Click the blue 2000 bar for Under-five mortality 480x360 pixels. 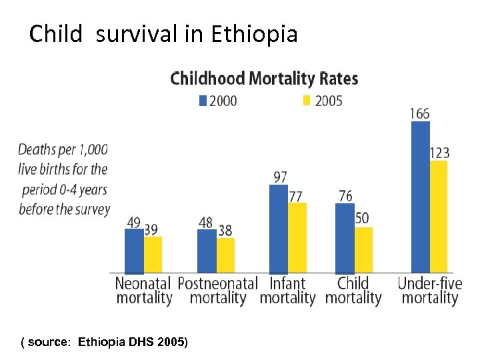pyautogui.click(x=421, y=197)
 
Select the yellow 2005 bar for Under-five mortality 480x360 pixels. pyautogui.click(x=439, y=217)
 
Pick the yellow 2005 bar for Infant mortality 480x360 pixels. pyautogui.click(x=297, y=237)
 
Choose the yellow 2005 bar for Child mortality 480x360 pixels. pyautogui.click(x=363, y=250)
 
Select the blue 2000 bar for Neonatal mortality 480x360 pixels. pyautogui.click(x=134, y=251)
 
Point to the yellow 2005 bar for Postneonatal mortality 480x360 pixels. pyautogui.click(x=225, y=255)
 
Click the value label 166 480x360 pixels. pyautogui.click(x=419, y=114)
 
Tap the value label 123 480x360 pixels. pyautogui.click(x=439, y=153)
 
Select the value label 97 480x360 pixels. pyautogui.click(x=280, y=177)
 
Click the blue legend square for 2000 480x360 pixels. pyautogui.click(x=203, y=101)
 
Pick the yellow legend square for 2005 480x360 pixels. pyautogui.click(x=307, y=101)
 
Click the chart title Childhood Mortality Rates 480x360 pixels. pyautogui.click(x=264, y=79)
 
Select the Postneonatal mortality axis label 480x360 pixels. pyautogui.click(x=217, y=291)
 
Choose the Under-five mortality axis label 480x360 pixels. pyautogui.click(x=430, y=291)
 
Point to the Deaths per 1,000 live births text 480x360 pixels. pyautogui.click(x=63, y=179)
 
